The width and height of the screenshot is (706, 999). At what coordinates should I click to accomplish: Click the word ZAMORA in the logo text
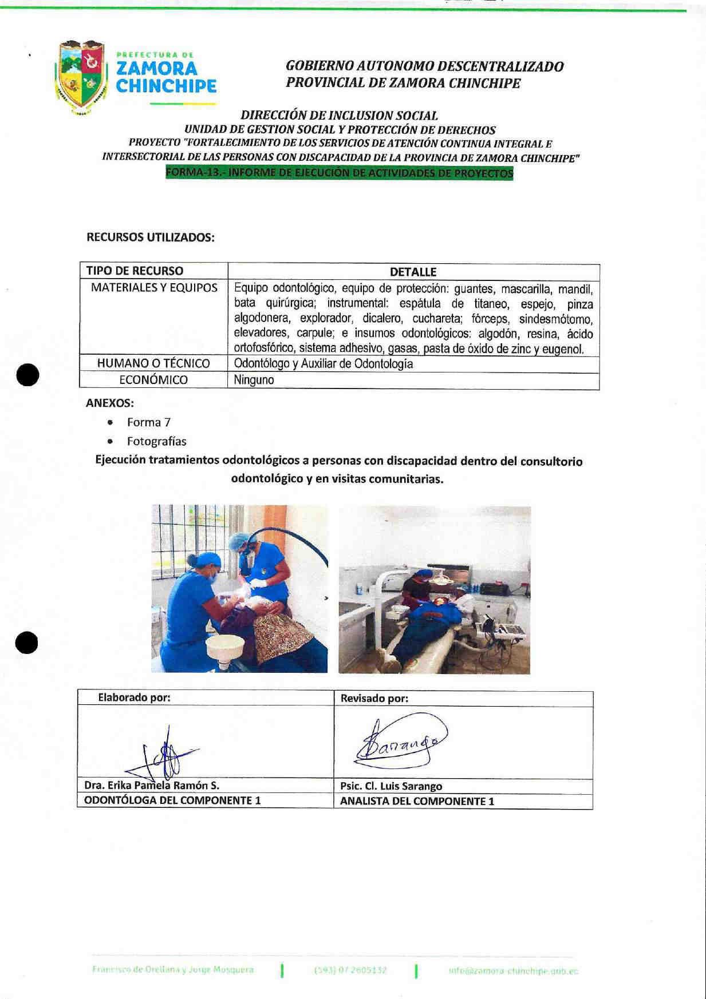tap(156, 69)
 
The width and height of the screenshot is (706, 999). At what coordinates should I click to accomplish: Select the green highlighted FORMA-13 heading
tap(339, 173)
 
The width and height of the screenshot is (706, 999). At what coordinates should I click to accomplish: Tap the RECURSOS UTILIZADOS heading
tap(151, 237)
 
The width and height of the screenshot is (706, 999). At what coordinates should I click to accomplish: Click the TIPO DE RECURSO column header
tap(135, 271)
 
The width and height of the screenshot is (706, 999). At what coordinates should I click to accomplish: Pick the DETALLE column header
tap(413, 272)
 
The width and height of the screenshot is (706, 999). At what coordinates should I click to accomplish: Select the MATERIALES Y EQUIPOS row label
tap(154, 288)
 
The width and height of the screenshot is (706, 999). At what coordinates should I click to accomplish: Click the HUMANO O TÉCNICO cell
tap(153, 363)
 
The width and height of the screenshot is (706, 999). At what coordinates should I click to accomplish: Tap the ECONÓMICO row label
tap(153, 380)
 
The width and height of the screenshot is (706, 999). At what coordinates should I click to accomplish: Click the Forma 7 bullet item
tap(149, 422)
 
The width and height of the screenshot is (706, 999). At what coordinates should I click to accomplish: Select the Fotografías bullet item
tap(156, 441)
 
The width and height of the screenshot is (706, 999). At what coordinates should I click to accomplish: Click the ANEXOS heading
tap(109, 403)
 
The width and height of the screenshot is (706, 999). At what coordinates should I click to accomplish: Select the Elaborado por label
tap(135, 697)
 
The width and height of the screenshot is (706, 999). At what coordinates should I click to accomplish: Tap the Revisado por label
tap(374, 698)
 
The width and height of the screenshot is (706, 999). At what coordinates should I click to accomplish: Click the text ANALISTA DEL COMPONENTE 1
tap(417, 801)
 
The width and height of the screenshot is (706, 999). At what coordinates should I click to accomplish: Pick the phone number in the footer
tap(351, 970)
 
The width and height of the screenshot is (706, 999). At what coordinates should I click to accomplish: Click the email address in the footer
tap(513, 970)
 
